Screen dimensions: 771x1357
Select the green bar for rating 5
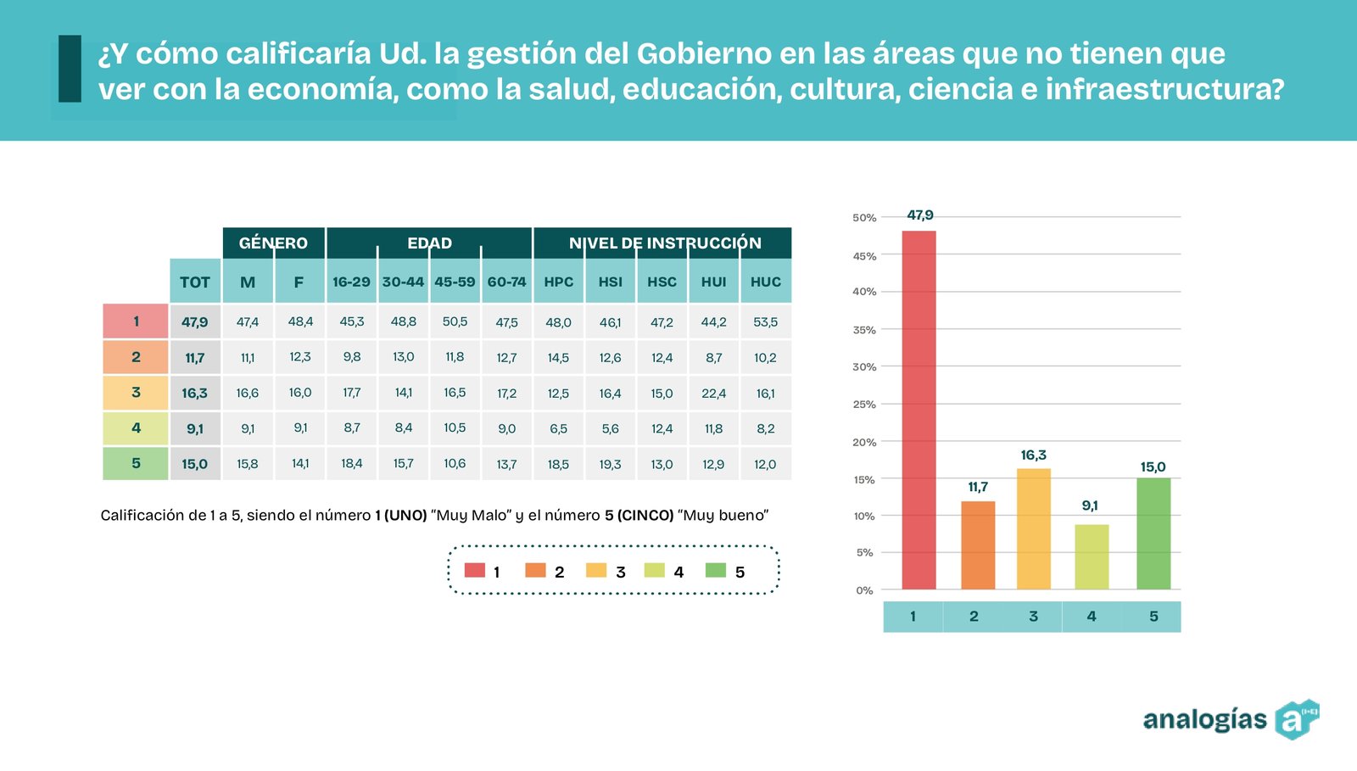point(1153,534)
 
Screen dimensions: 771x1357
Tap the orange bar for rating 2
point(978,545)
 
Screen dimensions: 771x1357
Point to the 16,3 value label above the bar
point(1033,455)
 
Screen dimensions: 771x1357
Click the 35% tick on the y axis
point(864,330)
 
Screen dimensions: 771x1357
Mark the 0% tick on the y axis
point(864,590)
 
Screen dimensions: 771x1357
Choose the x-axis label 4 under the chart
point(1092,617)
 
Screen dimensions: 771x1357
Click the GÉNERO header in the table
point(273,243)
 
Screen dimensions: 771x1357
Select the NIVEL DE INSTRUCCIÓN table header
point(665,243)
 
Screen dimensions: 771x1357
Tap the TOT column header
point(195,282)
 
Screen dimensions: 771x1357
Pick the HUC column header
point(765,282)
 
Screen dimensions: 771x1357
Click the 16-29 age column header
point(351,282)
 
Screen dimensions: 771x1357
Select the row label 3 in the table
point(136,393)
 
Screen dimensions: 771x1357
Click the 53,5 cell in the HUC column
point(765,322)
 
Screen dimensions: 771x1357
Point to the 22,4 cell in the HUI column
point(713,394)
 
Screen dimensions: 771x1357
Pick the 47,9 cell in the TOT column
point(195,322)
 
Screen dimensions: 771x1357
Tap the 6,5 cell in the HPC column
point(558,429)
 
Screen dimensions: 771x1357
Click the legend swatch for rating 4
point(654,571)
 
